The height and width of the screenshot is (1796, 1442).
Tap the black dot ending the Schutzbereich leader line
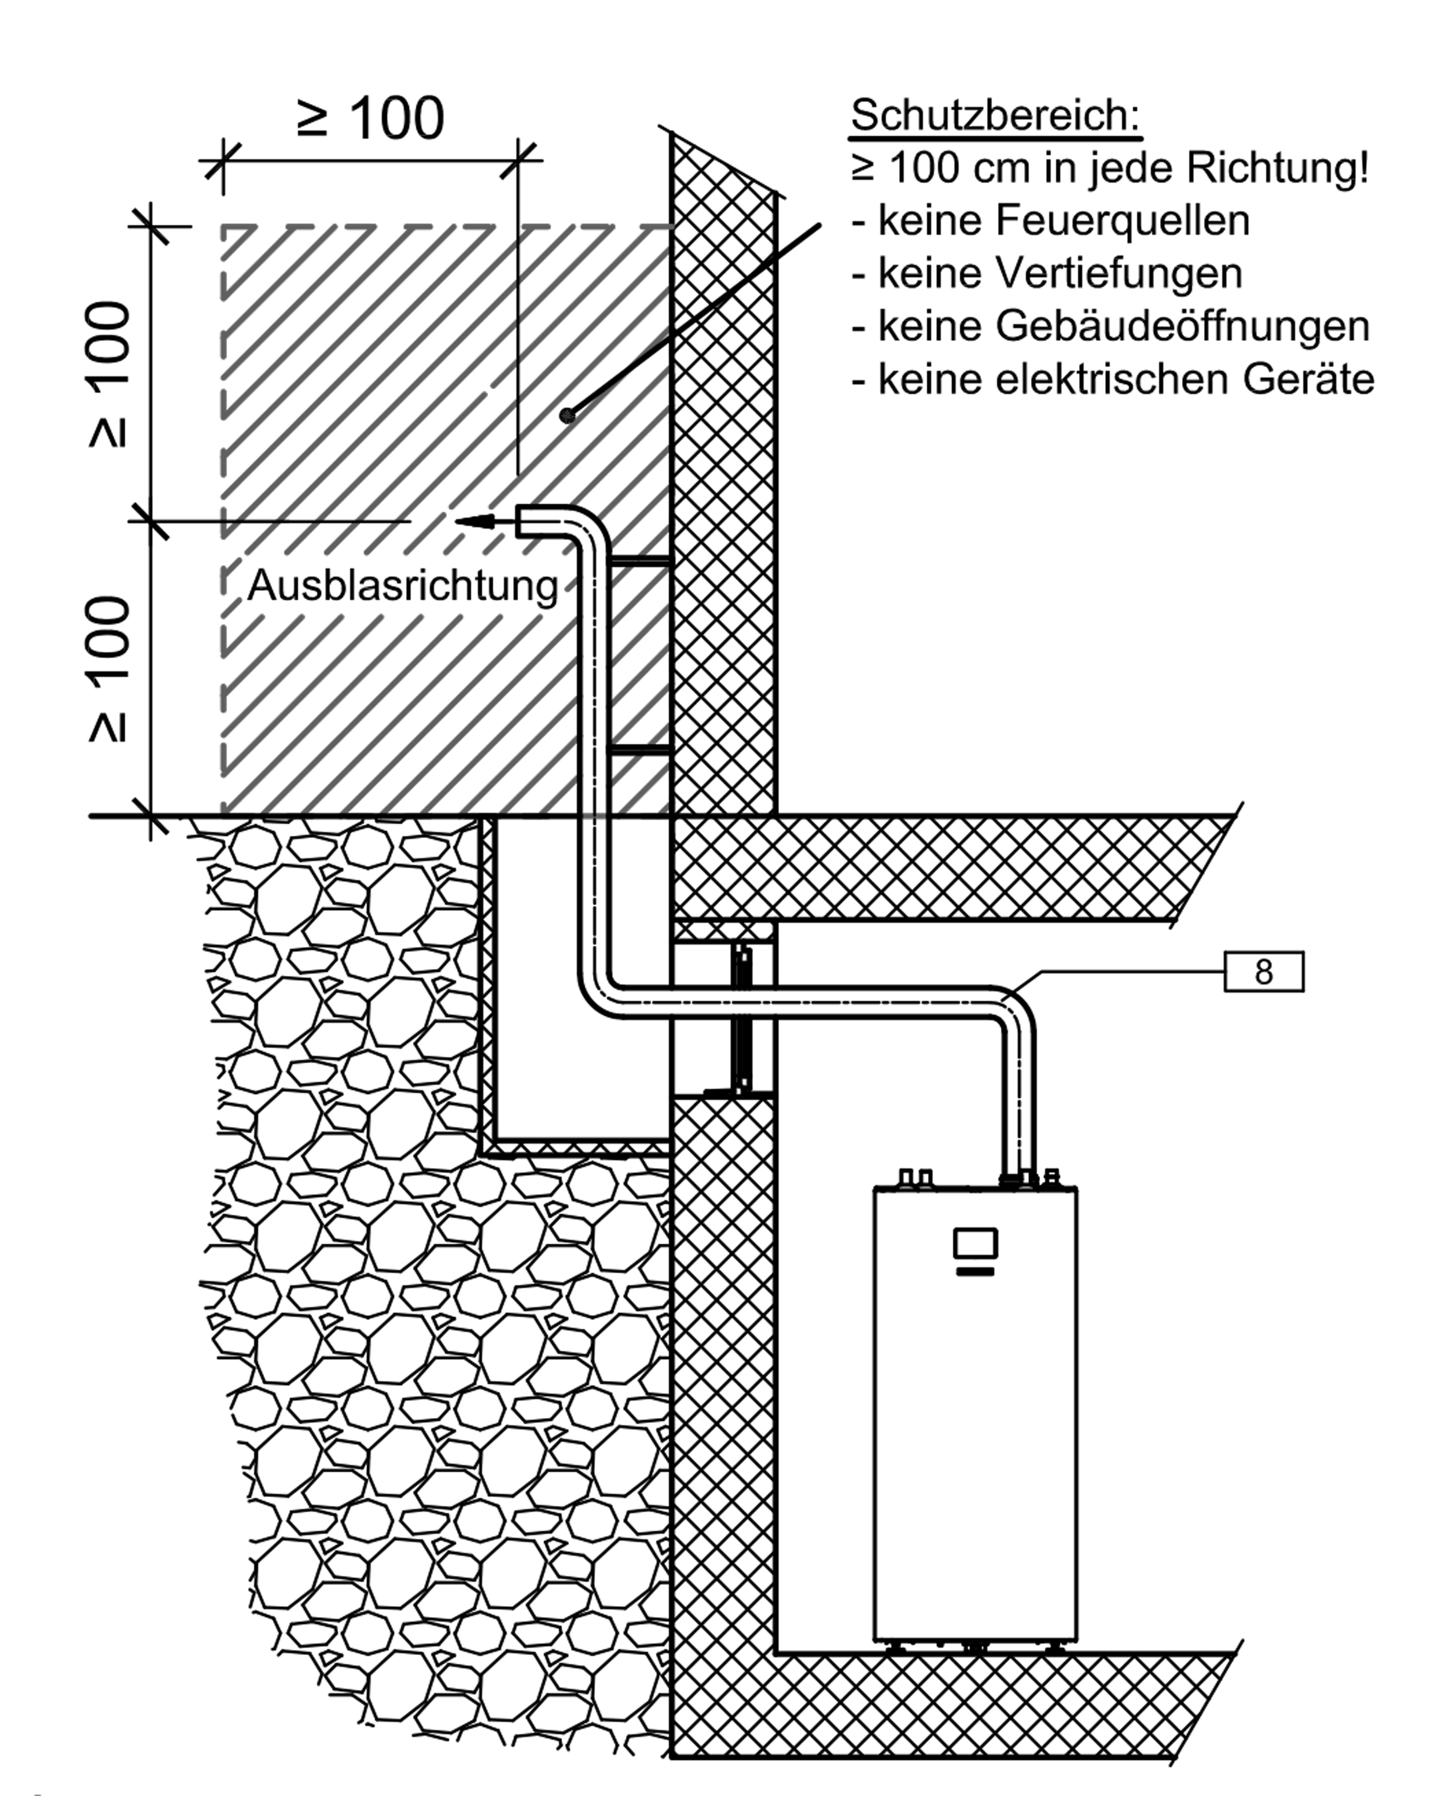point(567,414)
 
